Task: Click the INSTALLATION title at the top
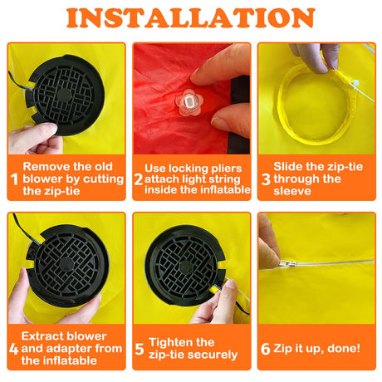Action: pos(191,17)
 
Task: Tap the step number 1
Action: pos(14,179)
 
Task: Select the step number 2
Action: pos(138,179)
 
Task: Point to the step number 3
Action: pos(266,179)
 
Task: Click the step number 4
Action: pos(13,349)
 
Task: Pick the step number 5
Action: pos(140,349)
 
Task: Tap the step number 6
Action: pos(265,349)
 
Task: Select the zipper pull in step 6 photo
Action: pos(288,264)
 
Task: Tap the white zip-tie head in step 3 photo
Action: pos(355,83)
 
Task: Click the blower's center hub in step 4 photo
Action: pos(66,264)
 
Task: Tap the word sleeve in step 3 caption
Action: pos(292,191)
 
